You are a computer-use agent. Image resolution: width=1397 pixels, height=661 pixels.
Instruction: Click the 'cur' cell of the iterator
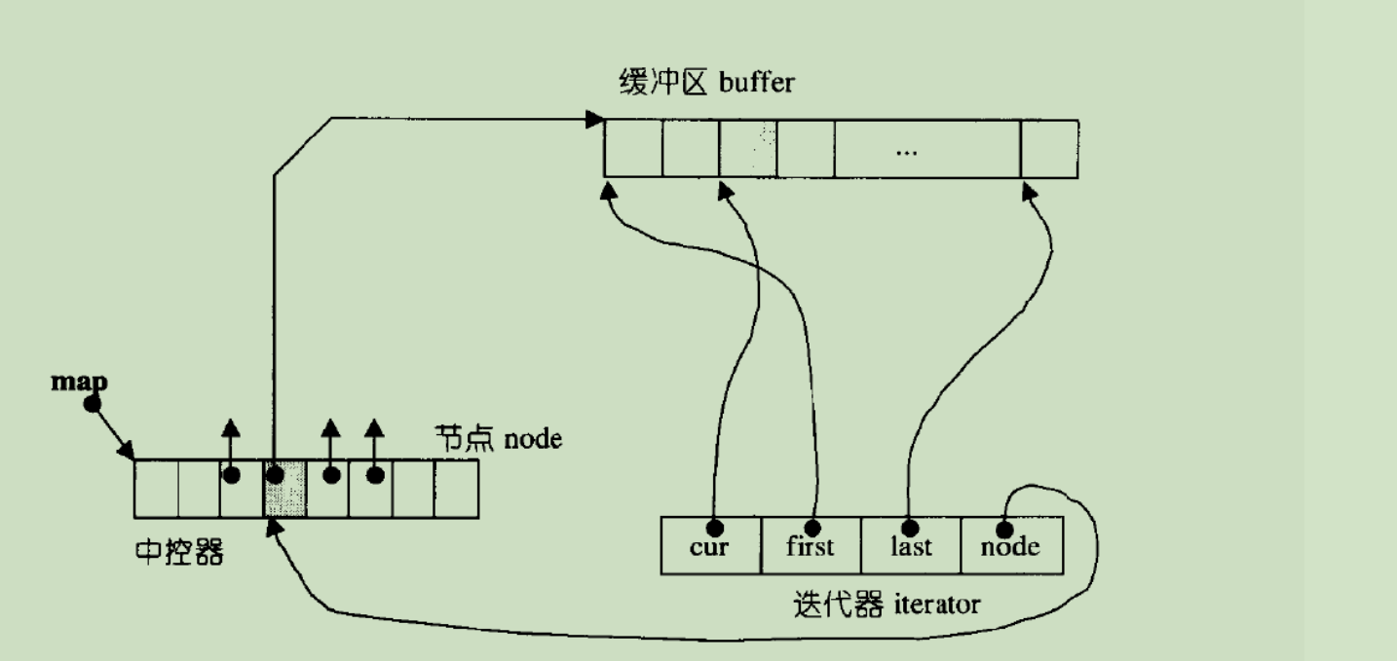click(x=709, y=546)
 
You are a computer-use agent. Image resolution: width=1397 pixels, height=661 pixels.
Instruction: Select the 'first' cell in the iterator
click(x=811, y=546)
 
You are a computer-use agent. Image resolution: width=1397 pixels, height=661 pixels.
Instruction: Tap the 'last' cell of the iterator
click(x=911, y=546)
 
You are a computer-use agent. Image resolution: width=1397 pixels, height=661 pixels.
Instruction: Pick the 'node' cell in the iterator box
click(x=1011, y=546)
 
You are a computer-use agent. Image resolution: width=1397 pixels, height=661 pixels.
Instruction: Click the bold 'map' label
click(x=79, y=382)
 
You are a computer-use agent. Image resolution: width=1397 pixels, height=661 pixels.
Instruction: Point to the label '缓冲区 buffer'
click(x=706, y=82)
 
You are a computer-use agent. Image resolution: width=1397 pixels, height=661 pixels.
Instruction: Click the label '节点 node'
click(x=498, y=438)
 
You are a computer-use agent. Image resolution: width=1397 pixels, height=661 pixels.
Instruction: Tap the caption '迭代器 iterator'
click(x=887, y=606)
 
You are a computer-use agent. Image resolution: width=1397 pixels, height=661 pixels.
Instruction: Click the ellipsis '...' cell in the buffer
click(x=907, y=149)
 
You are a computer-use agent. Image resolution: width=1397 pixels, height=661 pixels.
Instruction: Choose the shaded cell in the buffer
click(x=748, y=149)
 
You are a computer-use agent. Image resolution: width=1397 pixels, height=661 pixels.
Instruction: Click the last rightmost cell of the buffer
click(x=1049, y=149)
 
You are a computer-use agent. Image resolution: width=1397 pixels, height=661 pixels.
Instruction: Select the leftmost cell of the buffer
click(x=632, y=149)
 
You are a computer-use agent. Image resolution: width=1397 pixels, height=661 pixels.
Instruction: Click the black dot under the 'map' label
click(x=93, y=403)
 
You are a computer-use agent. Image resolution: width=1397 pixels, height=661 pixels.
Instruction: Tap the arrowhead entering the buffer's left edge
click(x=593, y=120)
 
